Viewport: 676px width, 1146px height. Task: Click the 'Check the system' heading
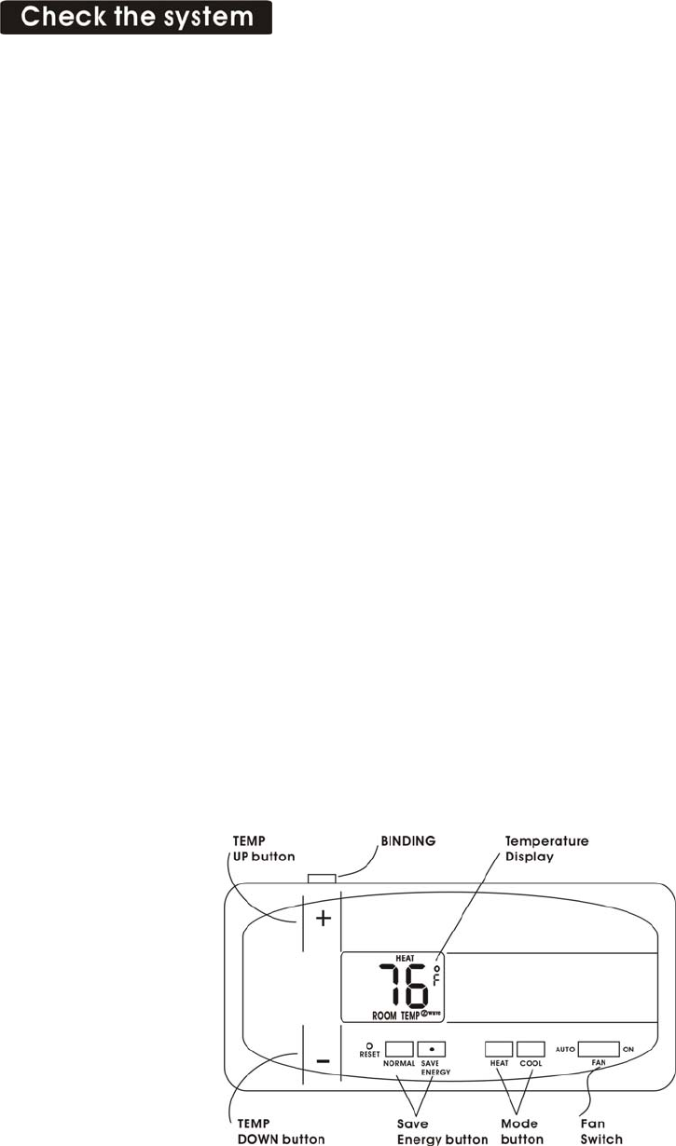click(x=137, y=18)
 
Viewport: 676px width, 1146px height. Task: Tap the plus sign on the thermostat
click(x=323, y=920)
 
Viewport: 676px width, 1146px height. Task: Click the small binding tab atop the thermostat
click(x=321, y=878)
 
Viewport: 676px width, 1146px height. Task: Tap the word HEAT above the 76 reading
click(x=353, y=959)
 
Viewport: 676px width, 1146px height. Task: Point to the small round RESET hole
click(x=369, y=1044)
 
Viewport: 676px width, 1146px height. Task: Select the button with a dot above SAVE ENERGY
click(x=432, y=1047)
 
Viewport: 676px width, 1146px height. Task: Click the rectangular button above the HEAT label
click(x=499, y=1047)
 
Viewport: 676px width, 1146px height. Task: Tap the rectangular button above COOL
click(x=531, y=1047)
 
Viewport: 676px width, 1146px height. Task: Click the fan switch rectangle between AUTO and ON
click(x=598, y=1048)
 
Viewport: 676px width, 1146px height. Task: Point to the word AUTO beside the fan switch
click(x=564, y=1048)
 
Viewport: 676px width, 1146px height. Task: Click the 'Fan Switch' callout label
click(x=600, y=1131)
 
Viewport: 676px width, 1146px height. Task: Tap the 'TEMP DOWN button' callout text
click(x=278, y=1131)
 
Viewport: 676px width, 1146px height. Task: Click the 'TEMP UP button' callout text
click(x=264, y=848)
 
